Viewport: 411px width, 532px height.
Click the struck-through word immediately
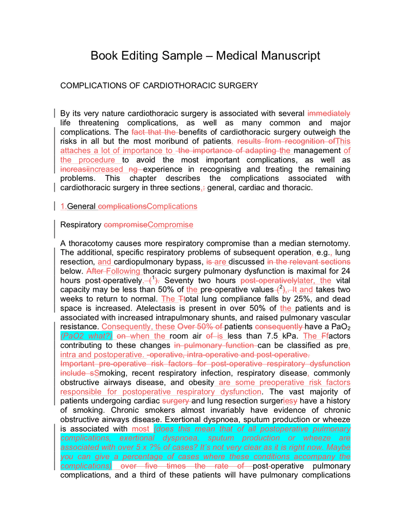[x=329, y=113]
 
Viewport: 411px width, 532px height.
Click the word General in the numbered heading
[x=82, y=207]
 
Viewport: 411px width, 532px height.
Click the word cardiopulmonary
[x=143, y=262]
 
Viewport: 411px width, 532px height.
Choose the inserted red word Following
[x=123, y=271]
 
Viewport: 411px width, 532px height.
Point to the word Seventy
[x=178, y=281]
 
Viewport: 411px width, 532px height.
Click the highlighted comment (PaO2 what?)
[x=86, y=336]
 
